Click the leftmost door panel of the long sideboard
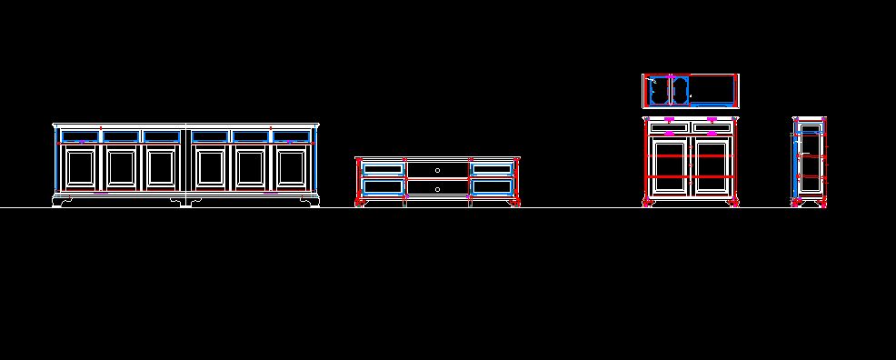click(x=79, y=168)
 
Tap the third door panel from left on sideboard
click(x=161, y=168)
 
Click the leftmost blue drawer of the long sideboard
click(x=79, y=136)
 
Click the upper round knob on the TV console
click(x=437, y=170)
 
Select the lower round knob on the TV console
click(x=437, y=189)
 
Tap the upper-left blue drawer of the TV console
click(x=383, y=168)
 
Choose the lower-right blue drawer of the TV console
click(x=492, y=187)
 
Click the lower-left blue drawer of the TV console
click(x=383, y=187)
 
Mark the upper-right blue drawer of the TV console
click(x=492, y=168)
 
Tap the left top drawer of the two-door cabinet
click(x=670, y=127)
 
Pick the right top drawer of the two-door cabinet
click(x=712, y=127)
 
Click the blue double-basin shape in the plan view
click(x=669, y=91)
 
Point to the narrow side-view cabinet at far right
click(x=809, y=162)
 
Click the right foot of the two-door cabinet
click(x=733, y=202)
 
